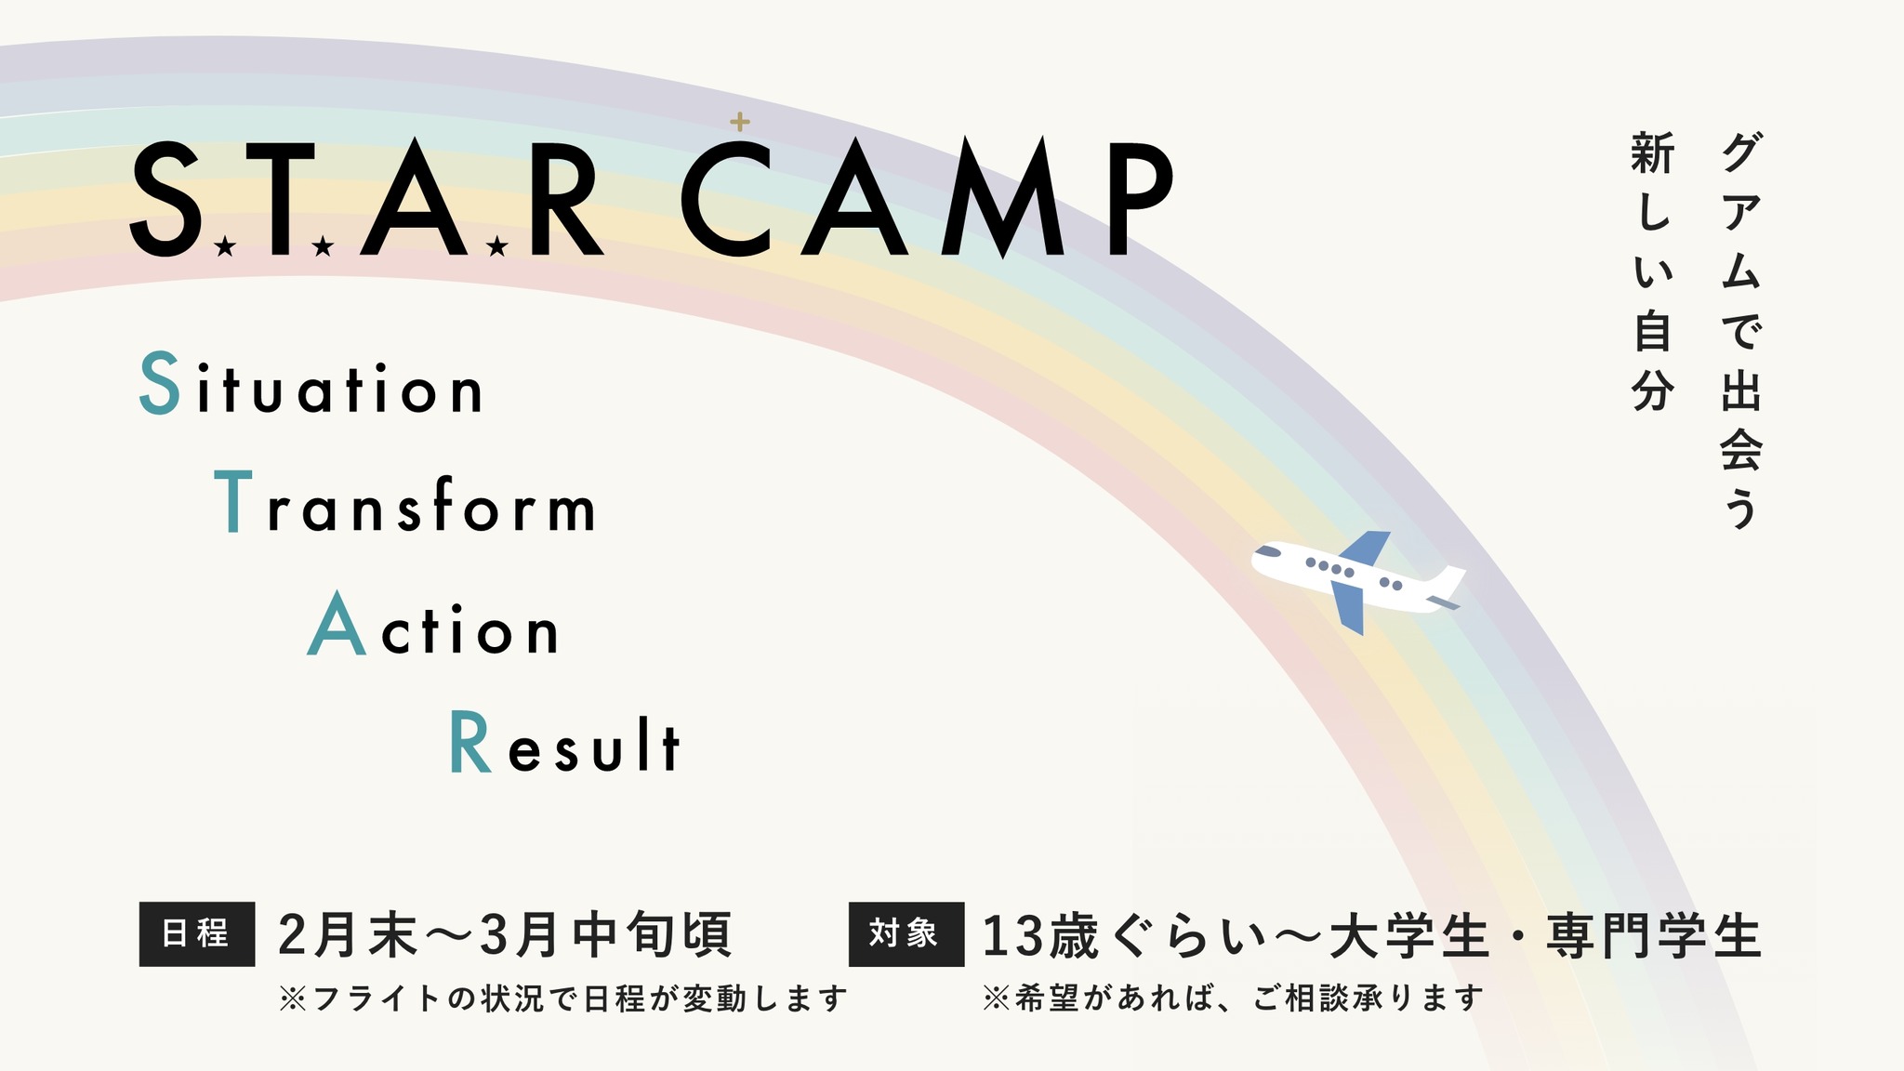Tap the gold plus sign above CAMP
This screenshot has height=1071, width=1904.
coord(739,122)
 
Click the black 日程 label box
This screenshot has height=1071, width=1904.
coord(197,933)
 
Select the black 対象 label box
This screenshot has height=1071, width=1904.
coord(906,933)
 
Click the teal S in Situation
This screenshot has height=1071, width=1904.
coord(159,382)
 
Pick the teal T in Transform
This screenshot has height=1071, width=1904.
coord(233,501)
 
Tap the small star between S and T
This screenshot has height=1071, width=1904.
coord(224,246)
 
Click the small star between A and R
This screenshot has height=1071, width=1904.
coord(497,246)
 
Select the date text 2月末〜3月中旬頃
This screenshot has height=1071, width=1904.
coord(505,934)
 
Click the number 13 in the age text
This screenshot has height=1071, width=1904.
coord(1011,935)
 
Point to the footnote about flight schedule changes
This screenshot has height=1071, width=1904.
coord(563,998)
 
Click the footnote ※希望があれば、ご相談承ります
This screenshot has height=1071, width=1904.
coord(1233,998)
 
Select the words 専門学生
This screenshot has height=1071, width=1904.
coord(1654,935)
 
